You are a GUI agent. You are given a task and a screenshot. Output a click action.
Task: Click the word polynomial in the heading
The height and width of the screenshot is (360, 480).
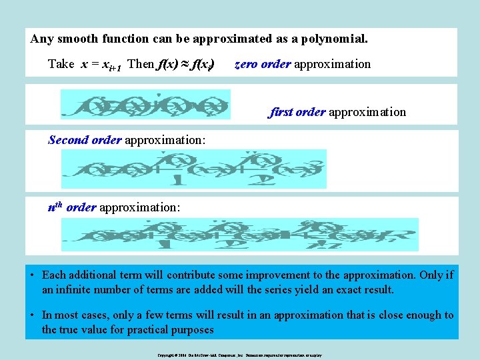[x=331, y=39]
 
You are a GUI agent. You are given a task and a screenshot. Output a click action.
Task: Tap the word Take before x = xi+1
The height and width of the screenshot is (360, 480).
[x=61, y=64]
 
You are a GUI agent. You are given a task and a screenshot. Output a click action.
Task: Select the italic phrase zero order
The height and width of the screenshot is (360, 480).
[x=263, y=64]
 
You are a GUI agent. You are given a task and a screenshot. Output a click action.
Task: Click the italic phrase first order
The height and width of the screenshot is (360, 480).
[x=297, y=112]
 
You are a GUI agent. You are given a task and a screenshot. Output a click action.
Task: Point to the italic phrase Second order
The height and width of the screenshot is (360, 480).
[x=85, y=140]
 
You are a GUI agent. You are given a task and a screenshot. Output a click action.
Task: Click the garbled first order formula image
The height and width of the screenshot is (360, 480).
[x=145, y=105]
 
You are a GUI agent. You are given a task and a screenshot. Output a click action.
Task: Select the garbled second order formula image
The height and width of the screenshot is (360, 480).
[x=193, y=169]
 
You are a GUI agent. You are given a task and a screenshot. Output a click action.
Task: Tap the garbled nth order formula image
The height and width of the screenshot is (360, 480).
[x=239, y=235]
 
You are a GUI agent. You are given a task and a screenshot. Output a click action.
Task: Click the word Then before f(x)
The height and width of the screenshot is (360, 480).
[x=141, y=64]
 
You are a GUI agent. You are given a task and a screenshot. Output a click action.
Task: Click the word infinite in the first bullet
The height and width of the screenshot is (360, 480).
[x=77, y=290]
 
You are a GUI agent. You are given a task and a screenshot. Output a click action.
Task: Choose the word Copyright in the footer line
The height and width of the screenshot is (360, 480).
[x=167, y=356]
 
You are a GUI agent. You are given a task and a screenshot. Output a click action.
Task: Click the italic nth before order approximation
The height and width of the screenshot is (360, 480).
[x=55, y=207]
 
